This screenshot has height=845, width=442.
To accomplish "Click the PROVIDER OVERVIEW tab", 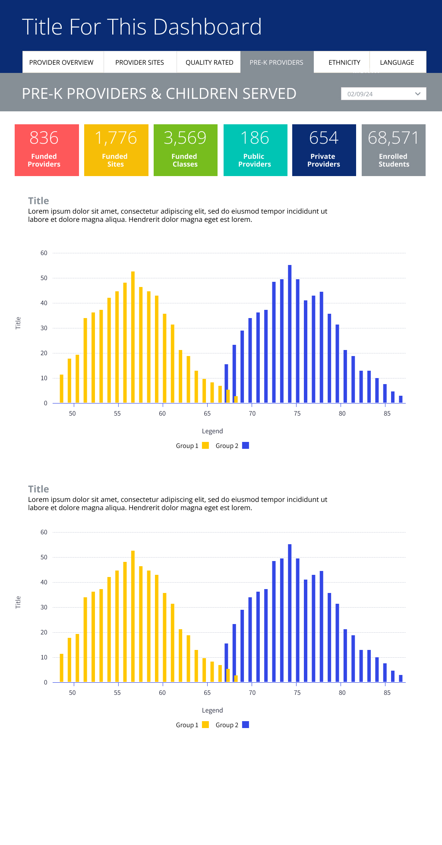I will (x=61, y=63).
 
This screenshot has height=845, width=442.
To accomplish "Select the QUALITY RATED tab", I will (x=209, y=63).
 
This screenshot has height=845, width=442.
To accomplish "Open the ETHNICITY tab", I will (x=344, y=63).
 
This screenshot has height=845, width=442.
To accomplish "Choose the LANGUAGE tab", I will (x=397, y=63).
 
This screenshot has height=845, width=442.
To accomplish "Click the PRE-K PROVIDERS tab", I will (x=276, y=63).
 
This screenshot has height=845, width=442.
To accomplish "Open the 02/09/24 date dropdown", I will (x=383, y=94).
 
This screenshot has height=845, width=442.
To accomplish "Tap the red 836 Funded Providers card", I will (x=47, y=150).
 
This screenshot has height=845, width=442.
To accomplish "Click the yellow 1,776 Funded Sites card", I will (x=116, y=150).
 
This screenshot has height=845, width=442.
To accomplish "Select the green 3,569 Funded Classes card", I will (x=186, y=150).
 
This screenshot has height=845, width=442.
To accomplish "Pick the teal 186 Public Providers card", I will (x=256, y=150).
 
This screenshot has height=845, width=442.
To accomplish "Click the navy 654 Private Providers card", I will (x=324, y=150).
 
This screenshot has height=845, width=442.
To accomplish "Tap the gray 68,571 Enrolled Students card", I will (x=394, y=150).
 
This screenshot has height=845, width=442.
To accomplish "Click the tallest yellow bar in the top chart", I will (x=133, y=337).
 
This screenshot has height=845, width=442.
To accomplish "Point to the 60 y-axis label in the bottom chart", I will (x=44, y=533).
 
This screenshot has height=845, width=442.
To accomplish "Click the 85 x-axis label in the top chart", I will (x=387, y=413).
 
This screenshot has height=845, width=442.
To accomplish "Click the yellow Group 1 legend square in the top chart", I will (x=205, y=446).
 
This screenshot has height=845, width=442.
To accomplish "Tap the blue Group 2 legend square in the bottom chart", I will (x=246, y=725).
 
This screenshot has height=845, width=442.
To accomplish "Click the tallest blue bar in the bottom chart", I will (x=290, y=613).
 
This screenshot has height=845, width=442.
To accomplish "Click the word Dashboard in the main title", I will (x=207, y=27).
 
